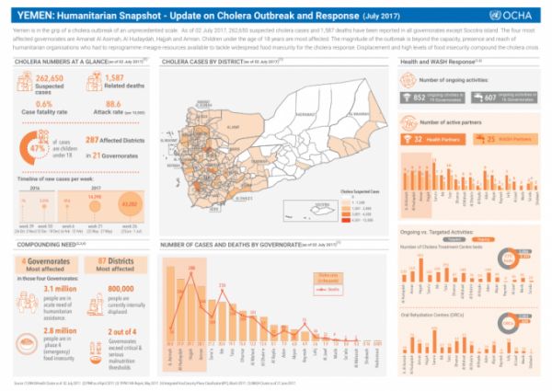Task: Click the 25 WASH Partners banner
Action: point(496,140)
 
